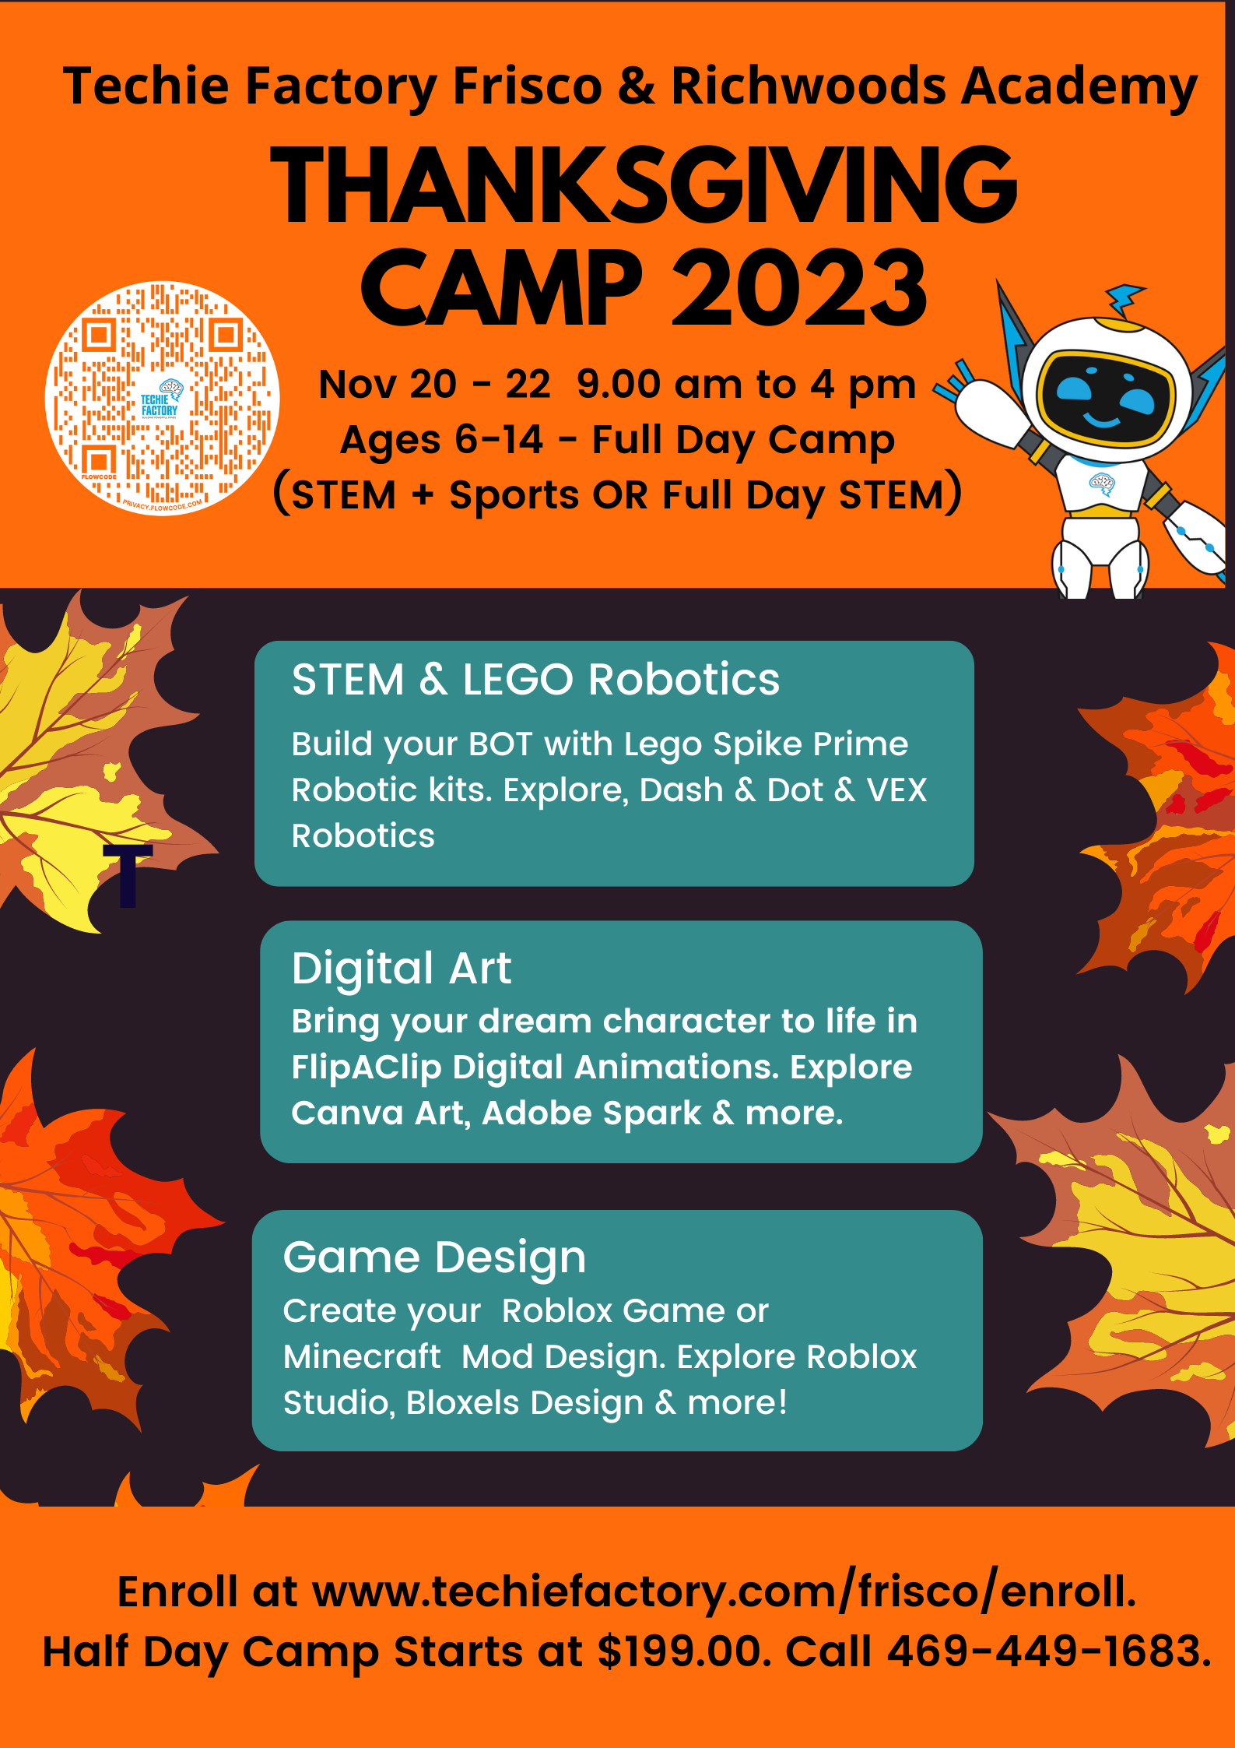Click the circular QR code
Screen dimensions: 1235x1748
pos(162,398)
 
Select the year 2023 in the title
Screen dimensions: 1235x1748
pos(799,287)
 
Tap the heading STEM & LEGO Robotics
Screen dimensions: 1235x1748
pos(535,679)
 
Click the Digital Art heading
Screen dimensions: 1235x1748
pos(402,969)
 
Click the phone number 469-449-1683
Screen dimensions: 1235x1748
pos(1048,1651)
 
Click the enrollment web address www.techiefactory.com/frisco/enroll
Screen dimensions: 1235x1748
pos(723,1591)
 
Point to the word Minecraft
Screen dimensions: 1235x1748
pos(362,1357)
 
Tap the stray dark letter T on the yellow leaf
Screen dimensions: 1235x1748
pos(128,875)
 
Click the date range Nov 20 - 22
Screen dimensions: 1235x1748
pos(434,384)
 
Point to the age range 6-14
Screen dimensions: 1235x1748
pos(498,439)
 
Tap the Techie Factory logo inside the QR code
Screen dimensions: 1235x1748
pos(160,400)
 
